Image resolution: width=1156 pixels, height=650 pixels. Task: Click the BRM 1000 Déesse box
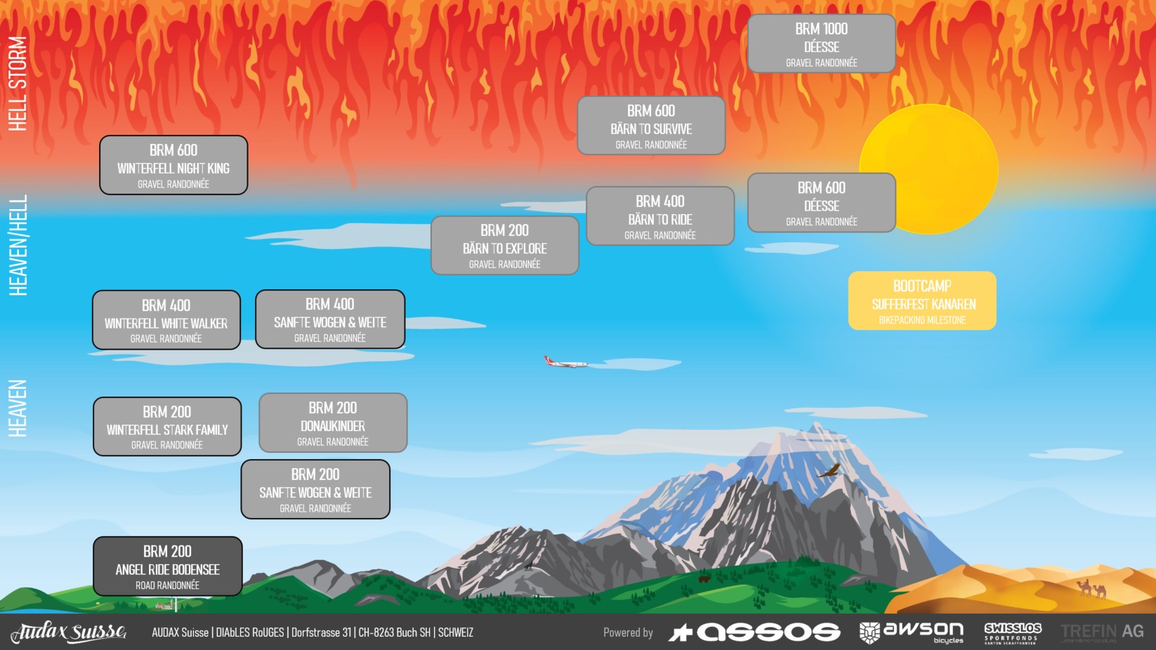click(821, 44)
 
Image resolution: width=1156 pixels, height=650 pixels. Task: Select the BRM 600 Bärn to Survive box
click(651, 126)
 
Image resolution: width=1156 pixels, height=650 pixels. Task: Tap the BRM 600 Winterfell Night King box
click(173, 165)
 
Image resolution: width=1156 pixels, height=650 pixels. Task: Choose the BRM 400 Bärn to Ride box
click(660, 216)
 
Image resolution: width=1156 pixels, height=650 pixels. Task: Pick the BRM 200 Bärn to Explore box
click(504, 246)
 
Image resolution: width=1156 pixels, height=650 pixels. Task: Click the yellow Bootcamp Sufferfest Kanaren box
click(922, 301)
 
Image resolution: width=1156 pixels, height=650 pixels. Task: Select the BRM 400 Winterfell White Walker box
click(166, 320)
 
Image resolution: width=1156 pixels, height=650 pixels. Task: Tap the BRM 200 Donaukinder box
click(333, 423)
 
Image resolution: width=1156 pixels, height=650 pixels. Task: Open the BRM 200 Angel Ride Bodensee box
click(168, 566)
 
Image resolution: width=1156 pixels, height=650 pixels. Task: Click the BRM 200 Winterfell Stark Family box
click(167, 427)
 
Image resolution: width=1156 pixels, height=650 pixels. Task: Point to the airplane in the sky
click(565, 362)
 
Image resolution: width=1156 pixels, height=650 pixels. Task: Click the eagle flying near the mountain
click(829, 470)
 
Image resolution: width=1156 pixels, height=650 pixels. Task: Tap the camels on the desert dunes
click(1092, 588)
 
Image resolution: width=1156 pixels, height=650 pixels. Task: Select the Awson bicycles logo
click(912, 632)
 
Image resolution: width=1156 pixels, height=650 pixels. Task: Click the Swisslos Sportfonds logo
click(1013, 632)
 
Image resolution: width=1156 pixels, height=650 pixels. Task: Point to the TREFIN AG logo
click(1102, 632)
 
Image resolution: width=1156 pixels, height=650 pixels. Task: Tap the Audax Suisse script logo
click(68, 632)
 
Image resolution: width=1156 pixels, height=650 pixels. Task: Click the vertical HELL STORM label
click(18, 83)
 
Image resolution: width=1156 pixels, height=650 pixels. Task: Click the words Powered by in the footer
click(628, 632)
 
